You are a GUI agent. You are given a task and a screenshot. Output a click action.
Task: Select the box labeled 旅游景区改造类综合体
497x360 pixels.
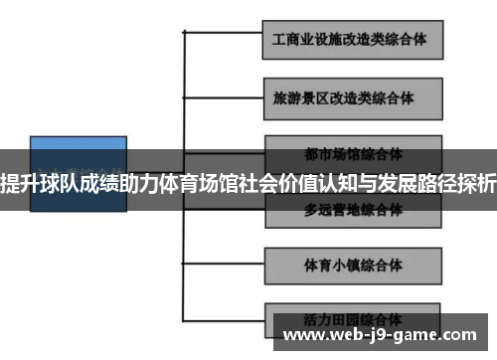click(352, 99)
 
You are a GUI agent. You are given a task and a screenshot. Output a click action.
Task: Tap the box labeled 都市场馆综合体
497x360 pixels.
click(352, 152)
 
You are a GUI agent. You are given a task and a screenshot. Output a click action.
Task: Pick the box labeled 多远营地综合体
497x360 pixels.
click(352, 210)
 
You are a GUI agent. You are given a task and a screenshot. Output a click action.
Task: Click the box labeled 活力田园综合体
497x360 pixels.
click(352, 320)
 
